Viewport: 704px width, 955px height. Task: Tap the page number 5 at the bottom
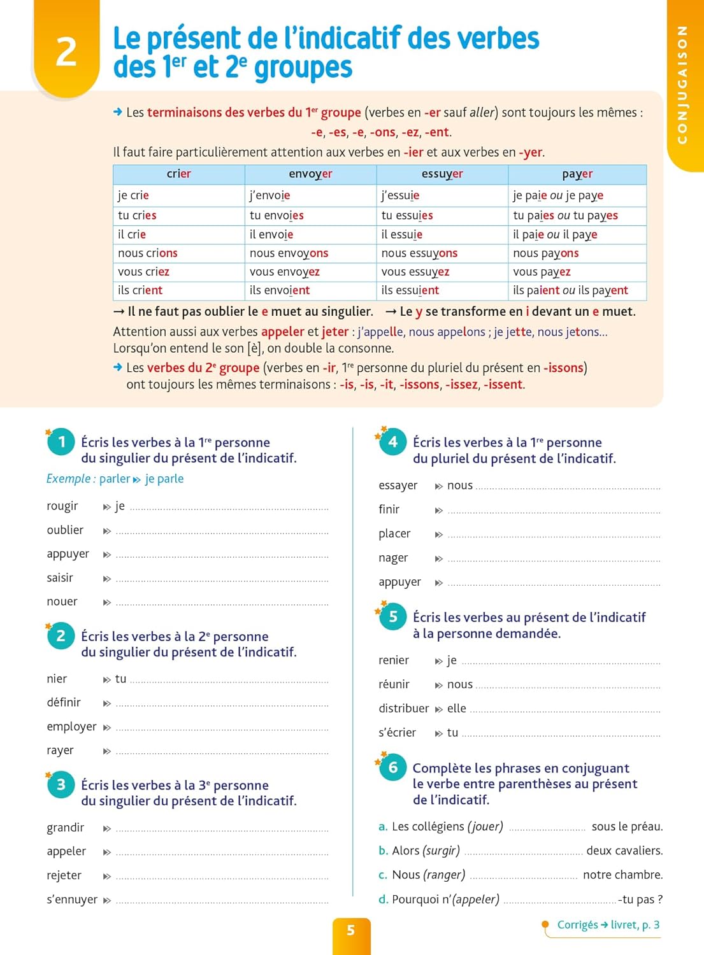tap(351, 931)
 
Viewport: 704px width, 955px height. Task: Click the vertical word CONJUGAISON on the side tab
tap(682, 85)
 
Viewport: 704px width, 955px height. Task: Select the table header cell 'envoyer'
tap(310, 174)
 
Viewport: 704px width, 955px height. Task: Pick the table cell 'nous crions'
tap(148, 253)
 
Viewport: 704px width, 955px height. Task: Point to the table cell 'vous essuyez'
tap(415, 272)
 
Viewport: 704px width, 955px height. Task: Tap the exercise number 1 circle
tap(61, 442)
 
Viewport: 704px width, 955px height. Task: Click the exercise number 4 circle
tap(393, 442)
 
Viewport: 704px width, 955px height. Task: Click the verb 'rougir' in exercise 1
tap(62, 506)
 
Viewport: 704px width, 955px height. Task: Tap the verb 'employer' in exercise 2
tap(71, 727)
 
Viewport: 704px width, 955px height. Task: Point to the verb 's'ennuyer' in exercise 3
tap(72, 900)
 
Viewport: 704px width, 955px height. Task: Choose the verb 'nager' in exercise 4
tap(393, 558)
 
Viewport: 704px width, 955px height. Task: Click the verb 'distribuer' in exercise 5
tap(404, 709)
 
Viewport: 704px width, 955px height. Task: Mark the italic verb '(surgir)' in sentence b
tap(442, 851)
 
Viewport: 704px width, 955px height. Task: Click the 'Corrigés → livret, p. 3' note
tap(608, 925)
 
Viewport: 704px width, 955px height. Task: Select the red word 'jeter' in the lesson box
tap(335, 332)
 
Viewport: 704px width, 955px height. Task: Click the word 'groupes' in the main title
tap(303, 68)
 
